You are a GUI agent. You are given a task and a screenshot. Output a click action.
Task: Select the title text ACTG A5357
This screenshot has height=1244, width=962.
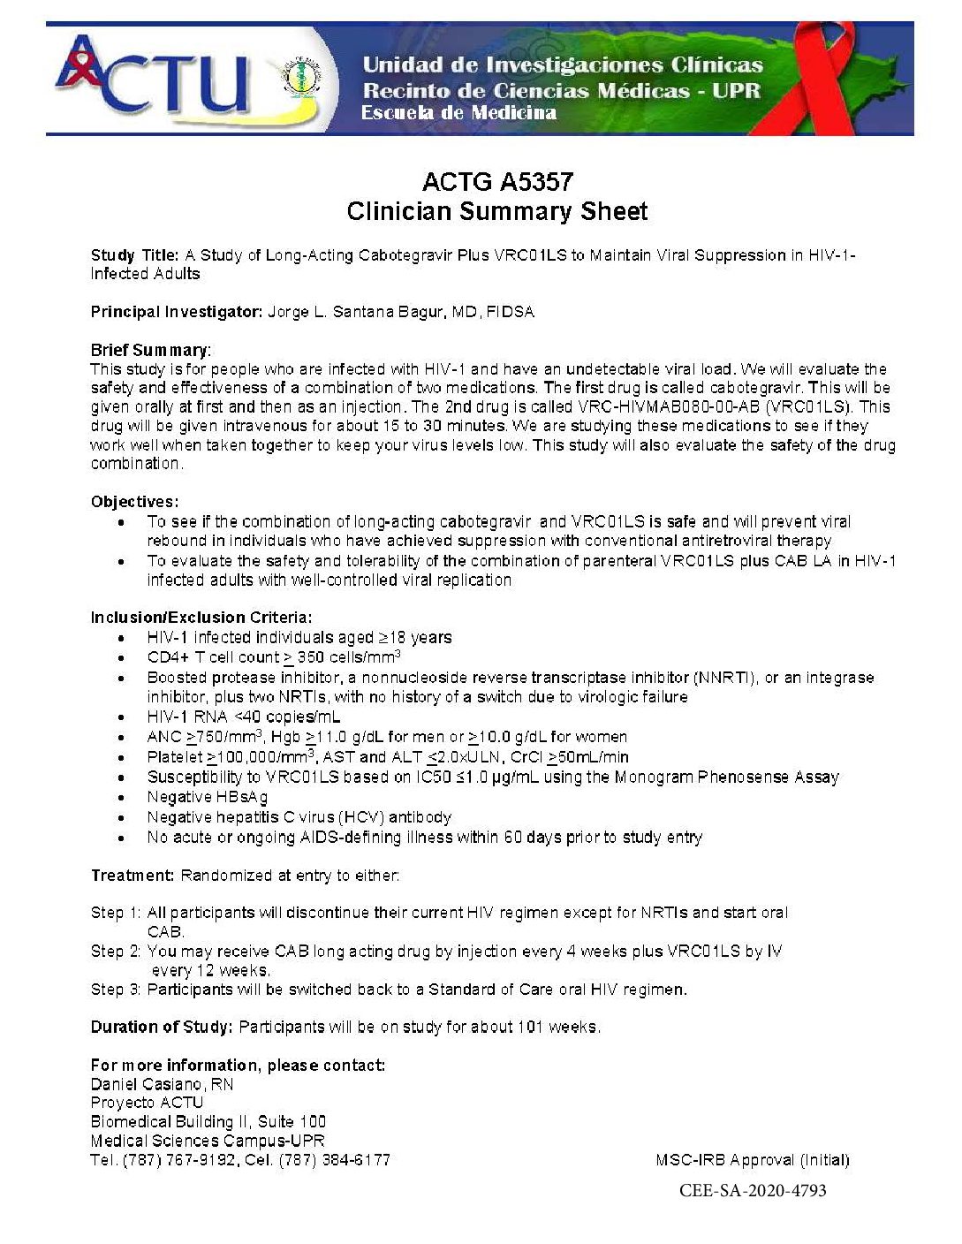point(497,182)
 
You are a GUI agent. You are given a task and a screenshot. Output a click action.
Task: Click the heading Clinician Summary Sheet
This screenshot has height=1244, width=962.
point(497,212)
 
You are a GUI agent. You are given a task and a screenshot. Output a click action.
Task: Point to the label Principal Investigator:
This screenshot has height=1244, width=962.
point(177,312)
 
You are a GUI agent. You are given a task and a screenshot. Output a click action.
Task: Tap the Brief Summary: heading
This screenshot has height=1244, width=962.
point(151,350)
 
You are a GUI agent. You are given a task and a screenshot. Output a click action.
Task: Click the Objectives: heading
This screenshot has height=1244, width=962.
point(134,502)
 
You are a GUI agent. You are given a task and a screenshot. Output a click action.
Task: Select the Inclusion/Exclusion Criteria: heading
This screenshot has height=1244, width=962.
point(201,618)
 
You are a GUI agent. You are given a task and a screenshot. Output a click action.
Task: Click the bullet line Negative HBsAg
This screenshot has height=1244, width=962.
point(208,797)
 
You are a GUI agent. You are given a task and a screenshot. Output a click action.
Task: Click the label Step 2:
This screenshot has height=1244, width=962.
point(116,952)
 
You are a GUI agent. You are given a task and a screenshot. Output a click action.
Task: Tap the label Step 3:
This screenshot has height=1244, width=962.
point(116,990)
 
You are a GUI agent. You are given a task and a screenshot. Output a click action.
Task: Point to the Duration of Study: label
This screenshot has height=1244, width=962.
point(162,1028)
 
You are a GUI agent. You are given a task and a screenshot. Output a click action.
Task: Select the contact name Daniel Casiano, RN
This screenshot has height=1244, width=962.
point(162,1084)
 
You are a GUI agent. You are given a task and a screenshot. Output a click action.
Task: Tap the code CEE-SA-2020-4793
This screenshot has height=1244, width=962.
point(753,1191)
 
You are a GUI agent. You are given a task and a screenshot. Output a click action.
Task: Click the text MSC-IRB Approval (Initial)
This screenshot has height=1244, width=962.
point(753,1160)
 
